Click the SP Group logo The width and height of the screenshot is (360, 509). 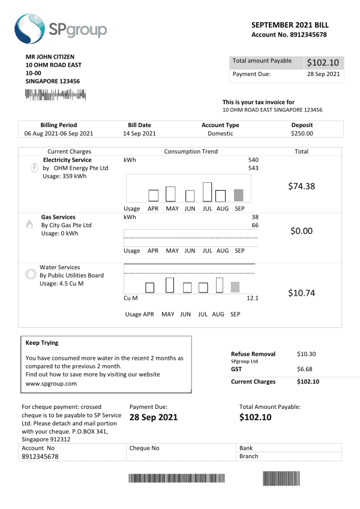[x=60, y=29]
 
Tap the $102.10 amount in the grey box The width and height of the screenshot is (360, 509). [x=323, y=62]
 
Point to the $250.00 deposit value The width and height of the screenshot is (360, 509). [x=301, y=134]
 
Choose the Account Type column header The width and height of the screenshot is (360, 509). [x=220, y=125]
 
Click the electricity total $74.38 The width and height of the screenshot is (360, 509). [x=301, y=186]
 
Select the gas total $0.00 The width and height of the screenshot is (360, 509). [x=301, y=231]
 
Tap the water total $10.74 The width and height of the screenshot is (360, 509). [x=301, y=293]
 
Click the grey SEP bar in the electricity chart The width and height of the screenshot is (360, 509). [x=238, y=195]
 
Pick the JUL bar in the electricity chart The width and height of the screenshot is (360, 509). [x=208, y=191]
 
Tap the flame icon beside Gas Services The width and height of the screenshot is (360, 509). [x=29, y=225]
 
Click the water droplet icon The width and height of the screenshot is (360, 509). [x=30, y=274]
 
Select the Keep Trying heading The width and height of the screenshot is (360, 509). [x=42, y=344]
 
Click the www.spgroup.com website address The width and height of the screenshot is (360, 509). [x=51, y=383]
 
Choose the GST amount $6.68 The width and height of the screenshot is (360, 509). [x=305, y=369]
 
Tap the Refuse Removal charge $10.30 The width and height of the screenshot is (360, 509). [x=305, y=354]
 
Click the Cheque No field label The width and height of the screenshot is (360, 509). [x=144, y=448]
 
